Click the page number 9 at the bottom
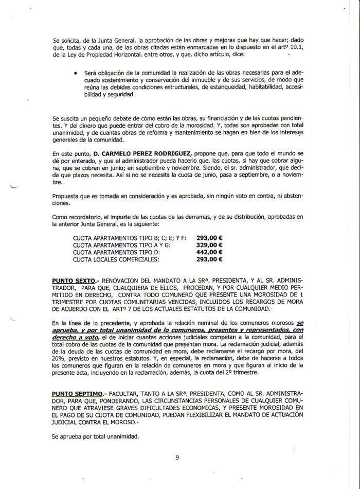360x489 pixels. click(x=176, y=457)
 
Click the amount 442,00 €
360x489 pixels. click(x=209, y=253)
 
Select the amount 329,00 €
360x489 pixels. click(x=209, y=246)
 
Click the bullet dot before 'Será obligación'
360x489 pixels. click(x=76, y=73)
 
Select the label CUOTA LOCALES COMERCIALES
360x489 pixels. click(x=116, y=259)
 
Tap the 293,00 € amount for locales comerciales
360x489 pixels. click(x=209, y=259)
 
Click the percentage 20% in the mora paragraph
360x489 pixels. click(x=60, y=358)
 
